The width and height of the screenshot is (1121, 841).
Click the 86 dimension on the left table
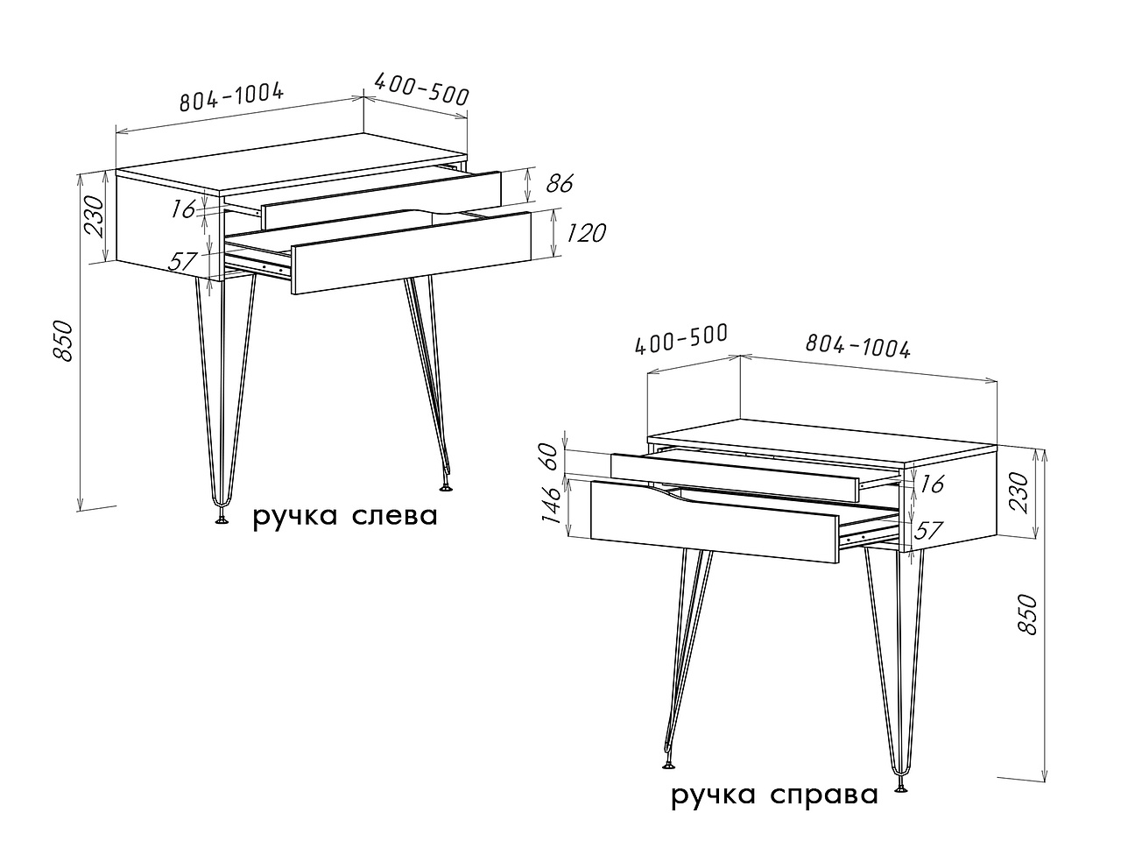[560, 183]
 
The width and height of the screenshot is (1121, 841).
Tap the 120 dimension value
[585, 233]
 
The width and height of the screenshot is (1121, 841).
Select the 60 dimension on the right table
[551, 457]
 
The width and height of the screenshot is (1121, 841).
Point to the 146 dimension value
[551, 505]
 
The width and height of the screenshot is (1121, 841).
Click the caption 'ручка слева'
[345, 517]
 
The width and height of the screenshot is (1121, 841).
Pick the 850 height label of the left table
[64, 341]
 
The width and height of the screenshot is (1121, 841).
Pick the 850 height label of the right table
[1027, 615]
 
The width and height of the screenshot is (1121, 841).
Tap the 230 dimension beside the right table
[1019, 492]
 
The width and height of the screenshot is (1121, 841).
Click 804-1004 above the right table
[858, 346]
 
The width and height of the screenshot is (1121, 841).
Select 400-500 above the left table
[422, 88]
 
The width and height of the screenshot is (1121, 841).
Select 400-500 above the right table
[680, 339]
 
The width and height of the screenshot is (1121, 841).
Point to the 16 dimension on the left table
[183, 208]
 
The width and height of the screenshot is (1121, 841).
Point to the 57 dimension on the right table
[927, 531]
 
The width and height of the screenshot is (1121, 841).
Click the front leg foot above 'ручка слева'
[222, 519]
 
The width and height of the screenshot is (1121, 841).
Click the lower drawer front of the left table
[411, 253]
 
